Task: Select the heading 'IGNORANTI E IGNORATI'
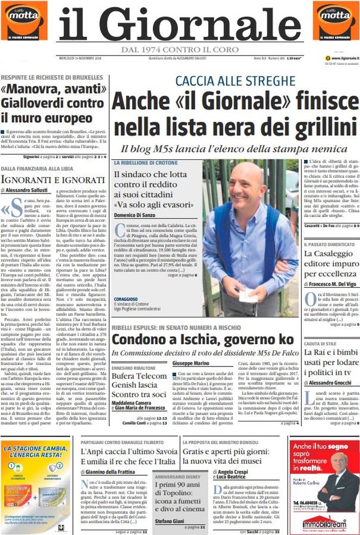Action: [x=52, y=179]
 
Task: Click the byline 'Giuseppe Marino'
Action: [x=191, y=362]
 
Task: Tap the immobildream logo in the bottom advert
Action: [x=324, y=524]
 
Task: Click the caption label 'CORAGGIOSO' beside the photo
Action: [x=126, y=299]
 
